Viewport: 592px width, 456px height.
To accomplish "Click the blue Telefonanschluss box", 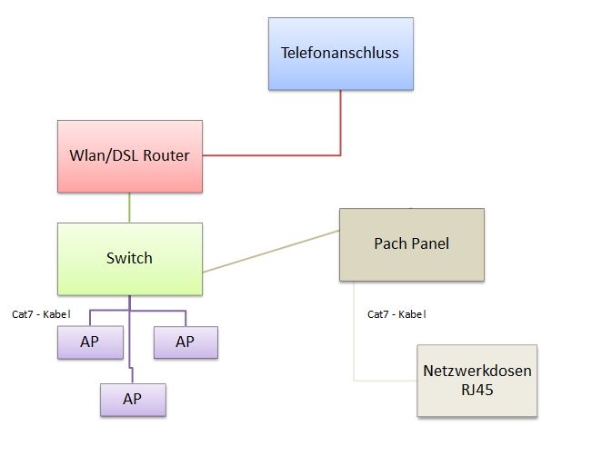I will point(341,54).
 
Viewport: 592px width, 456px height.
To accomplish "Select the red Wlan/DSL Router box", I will point(129,156).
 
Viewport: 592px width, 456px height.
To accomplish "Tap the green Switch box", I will point(129,259).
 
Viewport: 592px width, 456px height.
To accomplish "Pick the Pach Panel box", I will point(411,244).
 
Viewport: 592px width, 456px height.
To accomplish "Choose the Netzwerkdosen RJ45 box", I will point(477,381).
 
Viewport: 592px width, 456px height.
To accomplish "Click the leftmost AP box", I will point(90,342).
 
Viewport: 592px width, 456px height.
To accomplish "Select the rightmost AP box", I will point(186,342).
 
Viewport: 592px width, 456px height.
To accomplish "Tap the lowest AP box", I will point(133,399).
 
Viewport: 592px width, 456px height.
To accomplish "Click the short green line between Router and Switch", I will point(129,208).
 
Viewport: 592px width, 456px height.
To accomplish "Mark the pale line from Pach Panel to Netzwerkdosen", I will point(354,336).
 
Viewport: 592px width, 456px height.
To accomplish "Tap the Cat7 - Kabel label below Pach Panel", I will point(396,314).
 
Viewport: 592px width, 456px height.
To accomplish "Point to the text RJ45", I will point(477,391).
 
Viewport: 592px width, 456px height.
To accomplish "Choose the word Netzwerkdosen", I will point(477,371).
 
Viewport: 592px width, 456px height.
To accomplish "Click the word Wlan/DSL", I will point(102,155).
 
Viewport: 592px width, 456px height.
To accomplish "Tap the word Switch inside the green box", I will point(129,258).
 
